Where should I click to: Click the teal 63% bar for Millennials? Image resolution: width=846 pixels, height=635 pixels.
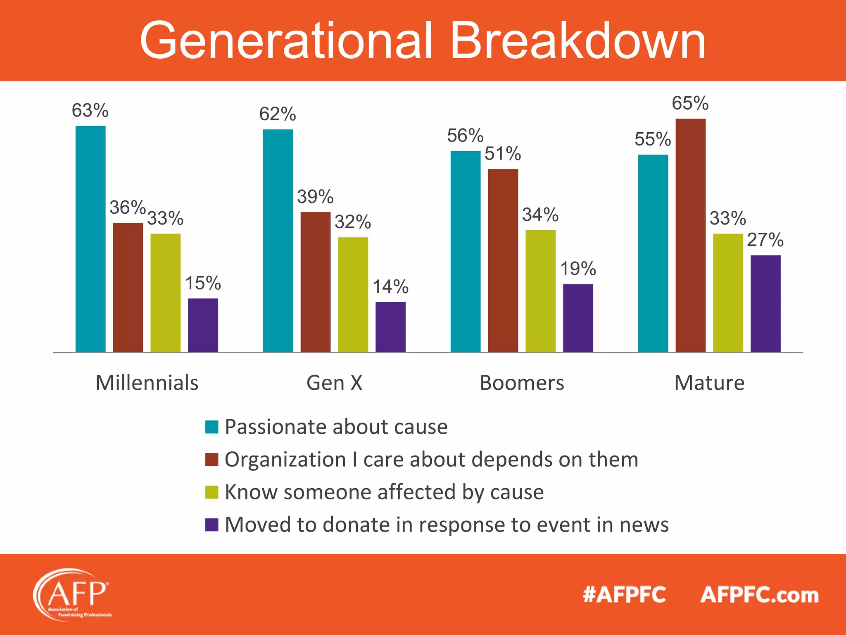pos(90,239)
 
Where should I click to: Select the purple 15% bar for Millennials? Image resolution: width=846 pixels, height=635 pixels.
pos(203,325)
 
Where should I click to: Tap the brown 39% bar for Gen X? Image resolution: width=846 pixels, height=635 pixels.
pos(316,282)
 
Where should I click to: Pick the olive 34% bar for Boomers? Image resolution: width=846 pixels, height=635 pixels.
pos(540,291)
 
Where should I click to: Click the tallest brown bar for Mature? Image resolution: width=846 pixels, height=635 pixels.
pos(690,235)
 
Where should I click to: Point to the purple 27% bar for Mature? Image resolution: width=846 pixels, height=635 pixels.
pos(765,303)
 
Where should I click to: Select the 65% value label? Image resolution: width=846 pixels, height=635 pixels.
pos(690,103)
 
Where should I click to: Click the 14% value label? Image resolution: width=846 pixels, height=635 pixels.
pos(390,287)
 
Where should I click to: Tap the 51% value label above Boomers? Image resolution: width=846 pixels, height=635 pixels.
pos(503,154)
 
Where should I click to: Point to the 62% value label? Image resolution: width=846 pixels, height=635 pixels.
pos(278,114)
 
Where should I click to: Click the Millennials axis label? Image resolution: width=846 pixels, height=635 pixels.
pos(147,383)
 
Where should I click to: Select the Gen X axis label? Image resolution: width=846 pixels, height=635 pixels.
pos(334,383)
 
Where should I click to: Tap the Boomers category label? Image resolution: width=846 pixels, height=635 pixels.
pos(522,383)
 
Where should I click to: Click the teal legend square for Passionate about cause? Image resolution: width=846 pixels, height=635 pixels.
pos(211,427)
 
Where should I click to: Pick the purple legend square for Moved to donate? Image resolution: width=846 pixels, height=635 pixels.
pos(211,525)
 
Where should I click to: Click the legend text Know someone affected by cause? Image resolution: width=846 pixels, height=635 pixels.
pos(384,492)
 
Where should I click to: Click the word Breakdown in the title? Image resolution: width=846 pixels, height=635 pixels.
pos(577,41)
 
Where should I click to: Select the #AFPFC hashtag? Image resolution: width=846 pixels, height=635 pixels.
pos(624,595)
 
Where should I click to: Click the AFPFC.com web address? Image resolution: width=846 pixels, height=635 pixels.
pos(759,595)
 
